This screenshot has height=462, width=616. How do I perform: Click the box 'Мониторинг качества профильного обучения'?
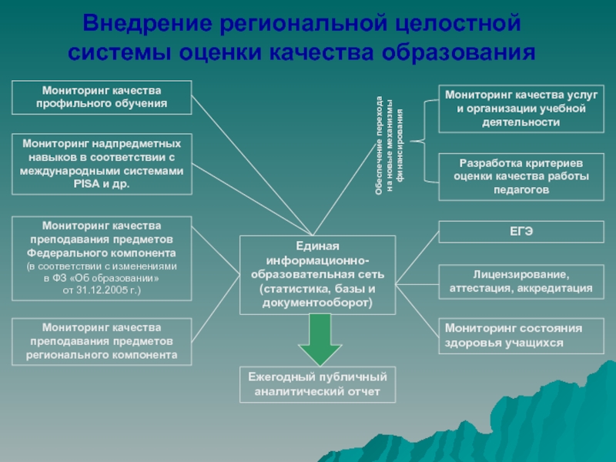tap(102, 97)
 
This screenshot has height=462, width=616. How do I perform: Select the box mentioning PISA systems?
tap(102, 164)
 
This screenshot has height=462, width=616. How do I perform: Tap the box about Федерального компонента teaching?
tap(102, 258)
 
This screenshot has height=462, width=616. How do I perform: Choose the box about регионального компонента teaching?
tap(102, 341)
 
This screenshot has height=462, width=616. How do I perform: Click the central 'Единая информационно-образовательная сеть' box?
tap(316, 275)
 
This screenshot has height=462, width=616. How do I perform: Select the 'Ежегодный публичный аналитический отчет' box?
tap(318, 384)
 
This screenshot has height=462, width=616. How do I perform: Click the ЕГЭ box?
tap(521, 231)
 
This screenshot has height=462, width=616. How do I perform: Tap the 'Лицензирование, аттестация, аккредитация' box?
tap(521, 281)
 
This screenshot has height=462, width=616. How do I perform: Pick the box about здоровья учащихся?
tap(521, 336)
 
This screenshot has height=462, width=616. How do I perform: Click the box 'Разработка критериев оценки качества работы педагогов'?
tap(521, 176)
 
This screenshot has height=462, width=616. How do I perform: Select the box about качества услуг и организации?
tap(521, 109)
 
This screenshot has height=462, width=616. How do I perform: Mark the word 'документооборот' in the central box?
tap(318, 303)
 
